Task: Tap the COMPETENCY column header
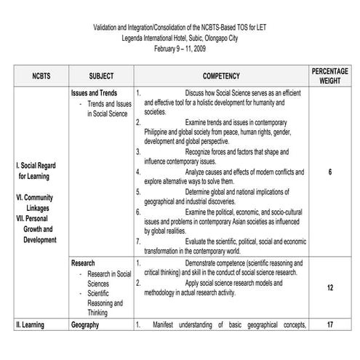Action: click(221, 75)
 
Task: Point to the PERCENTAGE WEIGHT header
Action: click(330, 75)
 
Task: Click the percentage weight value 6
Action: click(330, 172)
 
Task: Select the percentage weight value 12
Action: click(330, 288)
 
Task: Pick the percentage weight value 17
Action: click(330, 325)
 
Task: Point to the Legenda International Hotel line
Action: click(180, 37)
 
